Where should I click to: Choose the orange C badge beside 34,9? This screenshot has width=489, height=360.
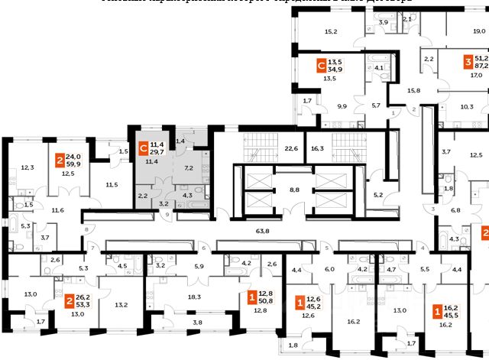322,66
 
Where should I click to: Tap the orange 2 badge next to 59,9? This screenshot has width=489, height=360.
59,161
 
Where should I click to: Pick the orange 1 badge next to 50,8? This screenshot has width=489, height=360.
252,294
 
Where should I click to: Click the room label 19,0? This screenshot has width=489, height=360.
479,31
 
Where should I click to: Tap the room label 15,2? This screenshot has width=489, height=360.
331,31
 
